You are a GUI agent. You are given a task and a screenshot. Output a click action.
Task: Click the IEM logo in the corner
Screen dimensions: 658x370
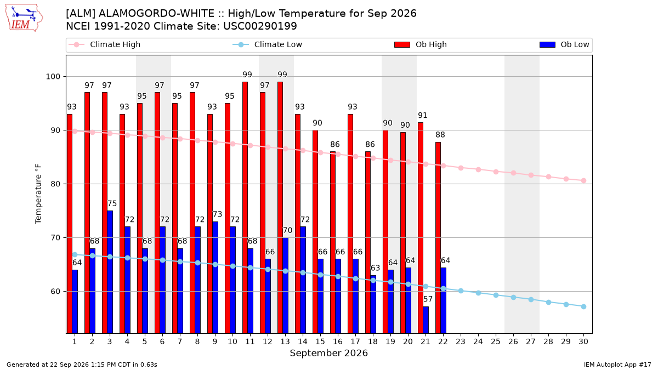24,18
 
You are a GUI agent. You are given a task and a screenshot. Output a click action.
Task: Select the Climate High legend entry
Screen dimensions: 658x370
104,44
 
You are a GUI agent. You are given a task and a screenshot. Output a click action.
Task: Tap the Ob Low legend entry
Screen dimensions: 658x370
564,44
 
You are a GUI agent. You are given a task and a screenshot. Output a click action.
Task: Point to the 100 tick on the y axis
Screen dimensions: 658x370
53,77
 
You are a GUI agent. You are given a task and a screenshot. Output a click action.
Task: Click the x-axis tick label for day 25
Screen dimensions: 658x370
496,341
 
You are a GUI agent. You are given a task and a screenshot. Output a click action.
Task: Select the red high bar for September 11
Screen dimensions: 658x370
245,208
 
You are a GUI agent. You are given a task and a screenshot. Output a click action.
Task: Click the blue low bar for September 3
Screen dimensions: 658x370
110,272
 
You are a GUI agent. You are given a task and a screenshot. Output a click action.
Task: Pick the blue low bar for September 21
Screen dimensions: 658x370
426,320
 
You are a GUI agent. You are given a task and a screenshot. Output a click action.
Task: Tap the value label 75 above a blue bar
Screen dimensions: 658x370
112,203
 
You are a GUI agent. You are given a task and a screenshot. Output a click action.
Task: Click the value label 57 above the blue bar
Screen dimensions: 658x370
428,299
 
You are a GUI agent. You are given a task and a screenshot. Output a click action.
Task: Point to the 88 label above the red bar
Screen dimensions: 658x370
440,135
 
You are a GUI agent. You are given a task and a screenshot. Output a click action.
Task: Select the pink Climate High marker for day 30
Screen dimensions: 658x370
583,180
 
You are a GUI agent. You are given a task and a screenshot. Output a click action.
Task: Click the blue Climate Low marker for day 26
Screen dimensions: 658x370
513,297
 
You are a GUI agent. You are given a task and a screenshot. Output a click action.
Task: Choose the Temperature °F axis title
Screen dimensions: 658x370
38,194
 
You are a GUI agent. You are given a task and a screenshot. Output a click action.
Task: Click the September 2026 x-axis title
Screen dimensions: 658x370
328,353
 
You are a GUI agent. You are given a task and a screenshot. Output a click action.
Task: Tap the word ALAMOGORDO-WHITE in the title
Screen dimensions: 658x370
156,14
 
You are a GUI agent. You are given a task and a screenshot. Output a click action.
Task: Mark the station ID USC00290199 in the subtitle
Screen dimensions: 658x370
260,26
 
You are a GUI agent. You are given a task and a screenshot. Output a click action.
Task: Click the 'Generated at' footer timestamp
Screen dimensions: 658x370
82,365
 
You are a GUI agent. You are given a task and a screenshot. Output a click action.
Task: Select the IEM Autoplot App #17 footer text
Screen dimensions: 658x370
617,365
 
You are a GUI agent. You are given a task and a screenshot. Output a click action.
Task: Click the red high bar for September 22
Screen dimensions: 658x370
438,238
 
